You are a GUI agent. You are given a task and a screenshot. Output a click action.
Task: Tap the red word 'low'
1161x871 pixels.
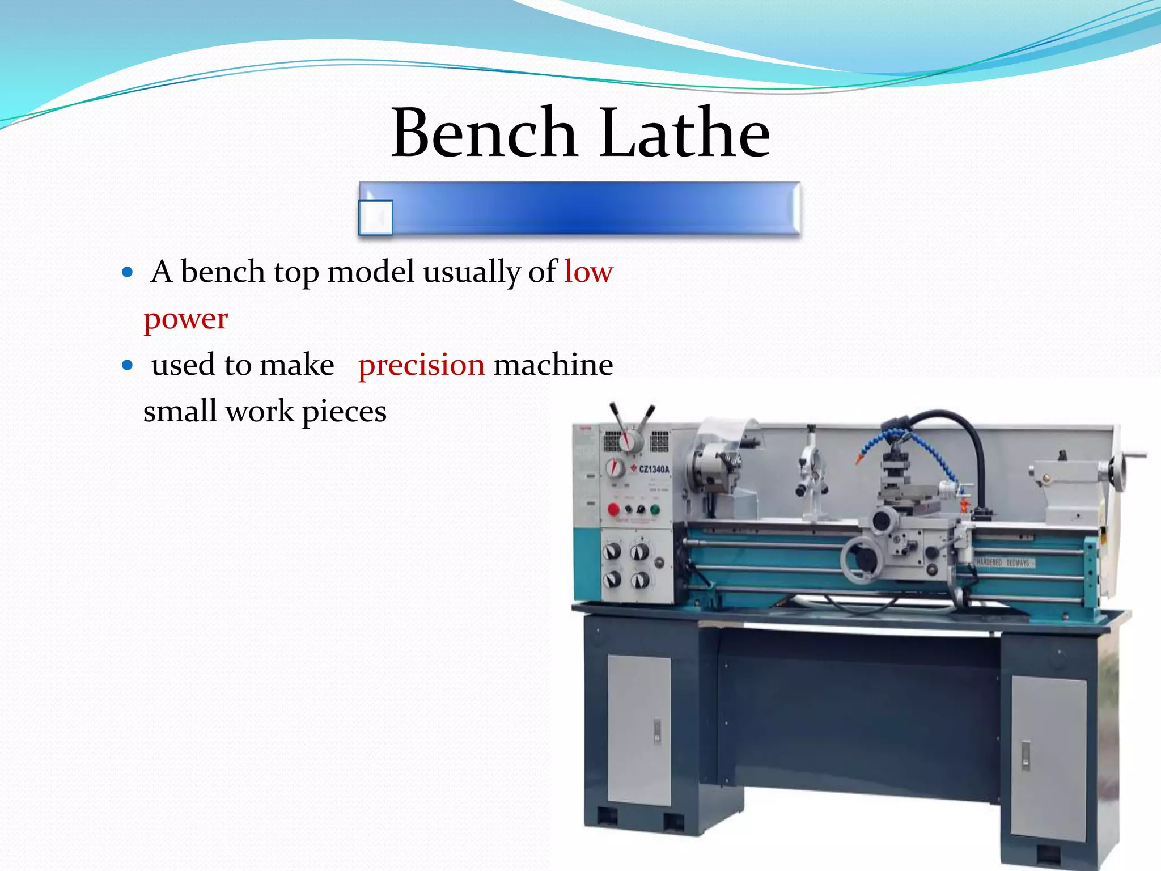coord(588,272)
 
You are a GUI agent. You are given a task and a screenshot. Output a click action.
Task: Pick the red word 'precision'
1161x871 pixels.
coord(421,365)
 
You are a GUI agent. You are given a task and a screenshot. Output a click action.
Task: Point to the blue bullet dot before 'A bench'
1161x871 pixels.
coord(128,272)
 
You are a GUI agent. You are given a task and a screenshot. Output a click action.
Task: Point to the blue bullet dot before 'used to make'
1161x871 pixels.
coord(128,365)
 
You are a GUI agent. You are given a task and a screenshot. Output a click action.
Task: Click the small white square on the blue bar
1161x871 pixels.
coord(376,217)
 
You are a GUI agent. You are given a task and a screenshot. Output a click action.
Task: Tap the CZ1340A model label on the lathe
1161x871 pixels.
coord(654,469)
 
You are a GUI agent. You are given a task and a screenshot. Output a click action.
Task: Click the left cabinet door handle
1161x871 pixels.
coord(657,731)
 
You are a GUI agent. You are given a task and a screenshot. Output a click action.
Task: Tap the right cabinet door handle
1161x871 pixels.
coord(1026,755)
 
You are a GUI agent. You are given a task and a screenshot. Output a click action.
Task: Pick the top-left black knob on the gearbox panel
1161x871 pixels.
coord(612,552)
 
